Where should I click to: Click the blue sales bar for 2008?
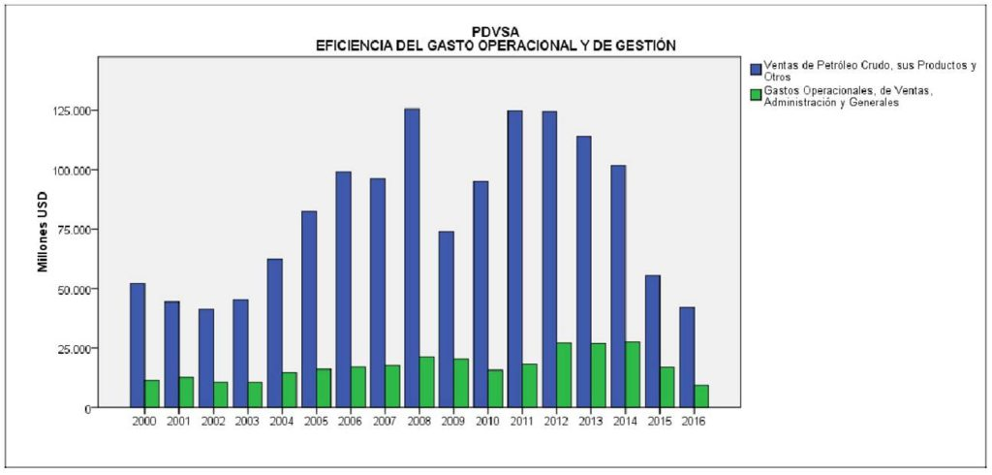pos(412,257)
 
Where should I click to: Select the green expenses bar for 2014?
pos(633,374)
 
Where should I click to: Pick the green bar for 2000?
pos(152,394)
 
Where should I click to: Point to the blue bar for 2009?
pos(447,319)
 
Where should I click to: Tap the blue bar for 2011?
pos(514,258)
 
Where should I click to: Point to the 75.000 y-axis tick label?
pos(75,230)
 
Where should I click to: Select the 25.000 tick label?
pos(75,348)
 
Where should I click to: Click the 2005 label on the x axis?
pos(317,421)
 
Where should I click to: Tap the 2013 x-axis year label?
pos(591,421)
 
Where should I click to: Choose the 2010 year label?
pos(488,421)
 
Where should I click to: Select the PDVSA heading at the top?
pos(495,32)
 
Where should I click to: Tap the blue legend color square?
pos(757,68)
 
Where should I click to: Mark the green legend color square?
pos(757,94)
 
